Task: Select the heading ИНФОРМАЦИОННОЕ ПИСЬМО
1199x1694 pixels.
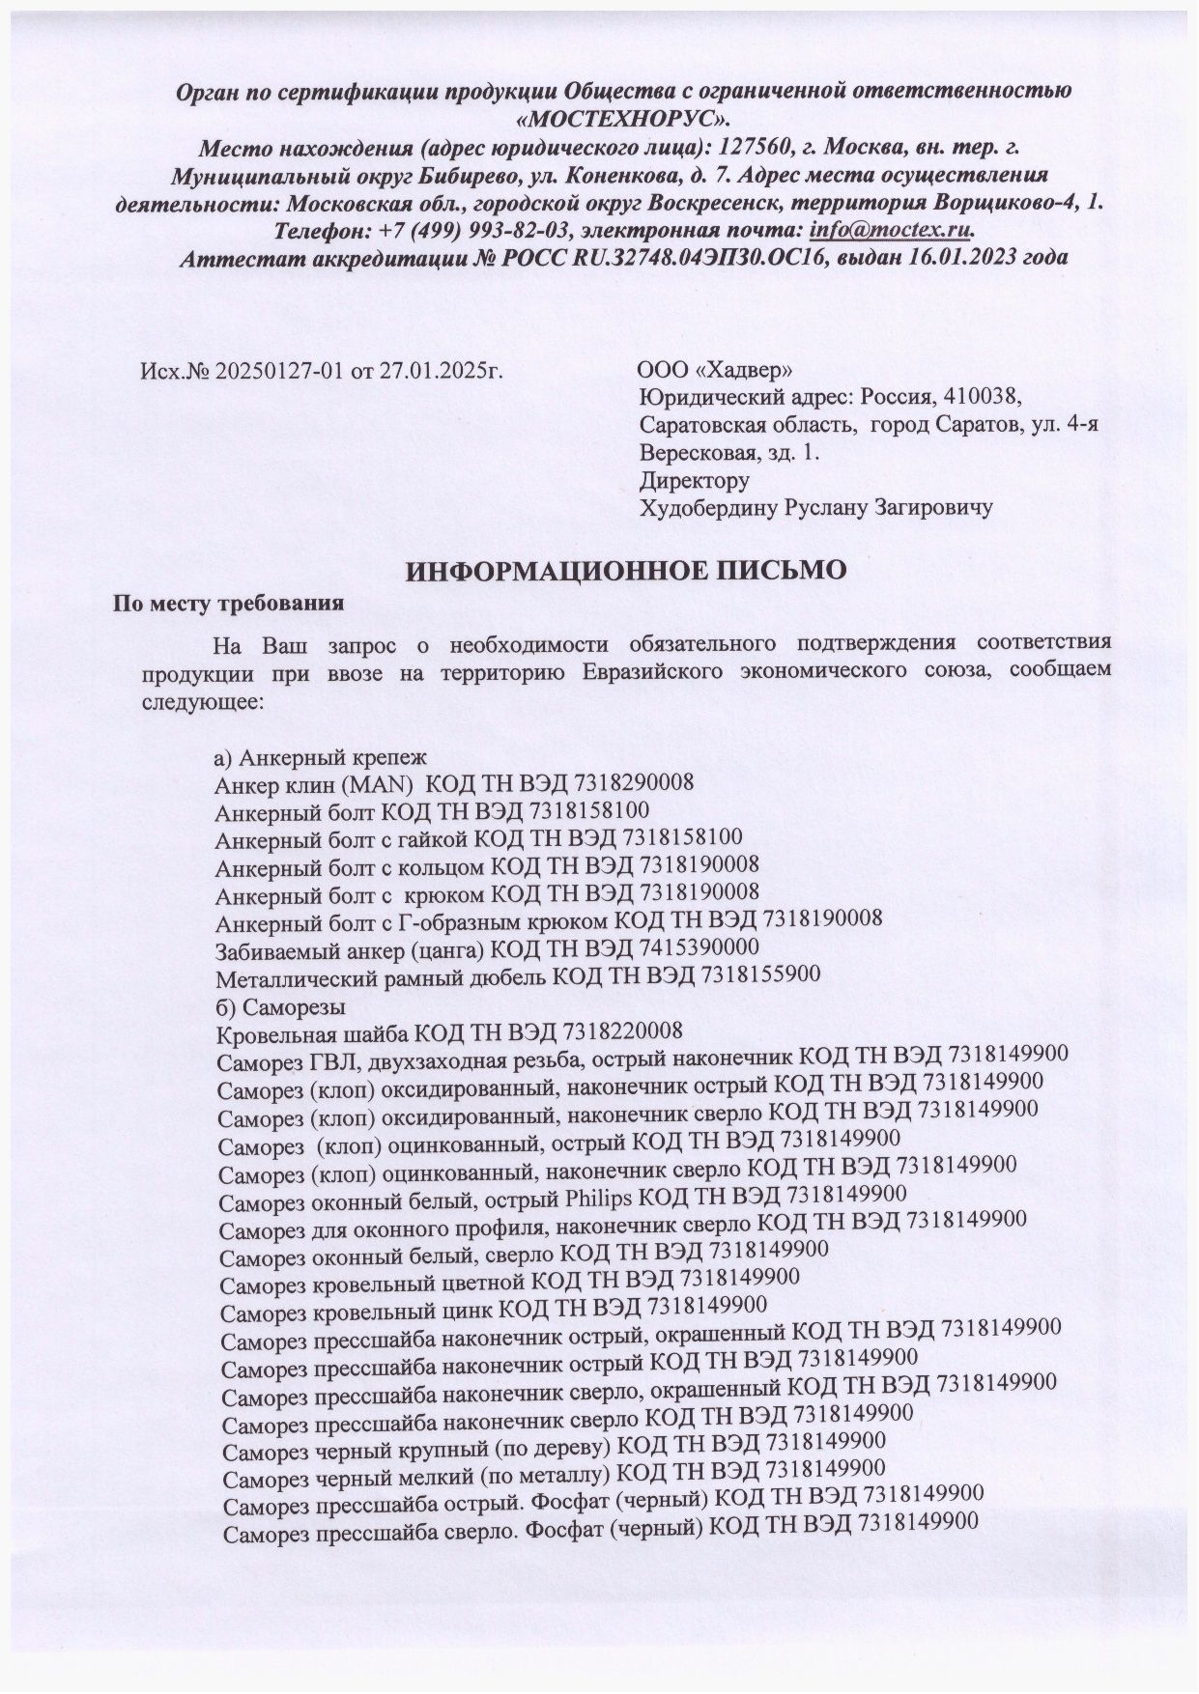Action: coord(625,570)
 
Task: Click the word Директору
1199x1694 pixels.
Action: coord(695,479)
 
